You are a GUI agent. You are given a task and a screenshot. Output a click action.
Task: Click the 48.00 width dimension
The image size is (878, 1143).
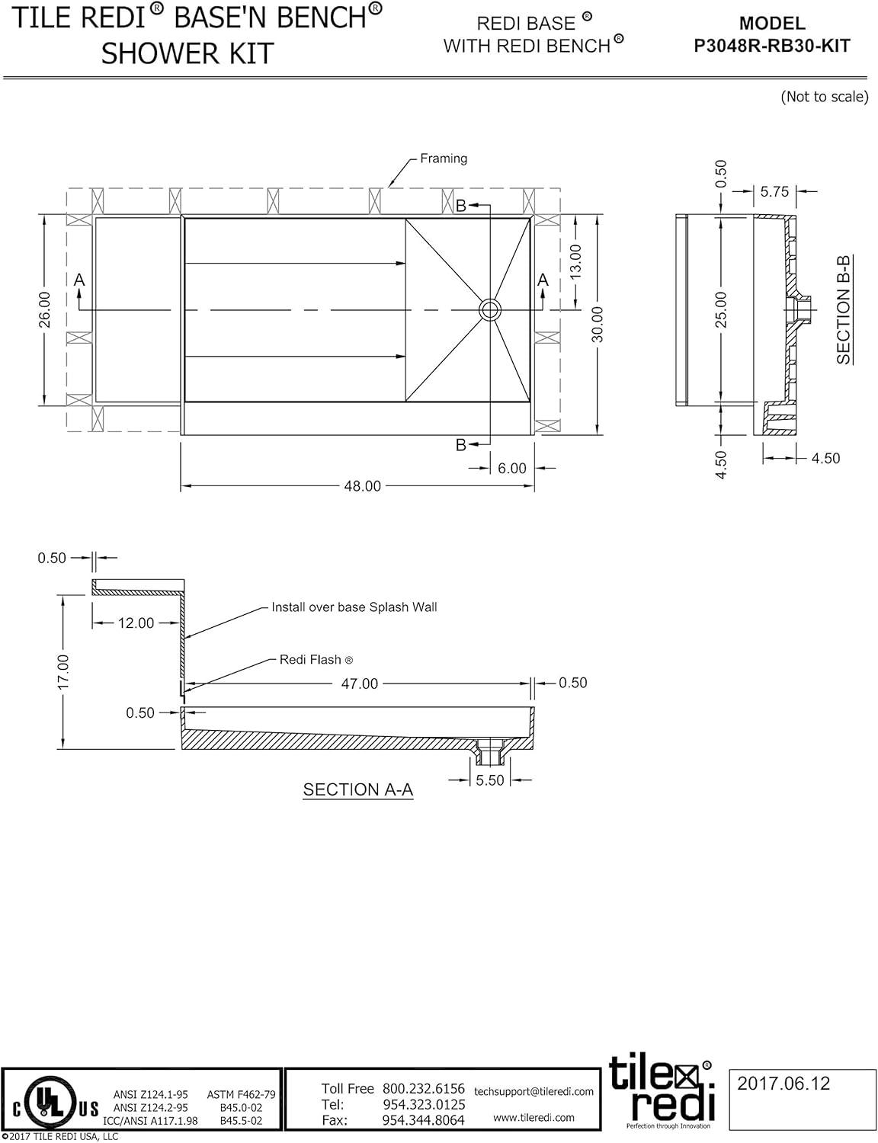(x=362, y=486)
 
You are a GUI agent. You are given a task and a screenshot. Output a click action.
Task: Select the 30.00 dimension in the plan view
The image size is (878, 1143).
(x=598, y=325)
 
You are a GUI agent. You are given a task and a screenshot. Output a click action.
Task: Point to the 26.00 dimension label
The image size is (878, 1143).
(x=44, y=309)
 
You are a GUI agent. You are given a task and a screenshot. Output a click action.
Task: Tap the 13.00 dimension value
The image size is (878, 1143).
(x=575, y=262)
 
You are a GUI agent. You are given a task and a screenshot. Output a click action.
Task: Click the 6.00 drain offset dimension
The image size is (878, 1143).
(x=511, y=468)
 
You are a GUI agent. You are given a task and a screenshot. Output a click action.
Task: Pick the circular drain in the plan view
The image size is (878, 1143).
(x=490, y=309)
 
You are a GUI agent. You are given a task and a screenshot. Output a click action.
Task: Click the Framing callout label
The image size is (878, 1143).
(x=444, y=158)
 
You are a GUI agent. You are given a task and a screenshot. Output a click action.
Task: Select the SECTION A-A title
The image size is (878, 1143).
(x=357, y=789)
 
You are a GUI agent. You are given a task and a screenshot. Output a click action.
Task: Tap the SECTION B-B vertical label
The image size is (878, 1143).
(x=843, y=309)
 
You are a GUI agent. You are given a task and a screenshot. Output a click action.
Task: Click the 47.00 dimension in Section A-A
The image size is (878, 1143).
(x=359, y=684)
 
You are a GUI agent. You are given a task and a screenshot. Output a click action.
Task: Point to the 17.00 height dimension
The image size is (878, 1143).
(x=62, y=671)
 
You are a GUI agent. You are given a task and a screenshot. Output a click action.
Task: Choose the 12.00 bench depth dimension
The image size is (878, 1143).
(x=136, y=623)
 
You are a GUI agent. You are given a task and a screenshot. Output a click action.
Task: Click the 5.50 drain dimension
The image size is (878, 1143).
(x=489, y=780)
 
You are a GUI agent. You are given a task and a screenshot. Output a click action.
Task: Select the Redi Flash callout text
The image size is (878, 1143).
(x=316, y=659)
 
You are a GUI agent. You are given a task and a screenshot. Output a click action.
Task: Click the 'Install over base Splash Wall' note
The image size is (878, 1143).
(x=354, y=607)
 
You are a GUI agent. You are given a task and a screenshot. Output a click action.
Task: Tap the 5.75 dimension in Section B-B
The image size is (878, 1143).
(x=774, y=191)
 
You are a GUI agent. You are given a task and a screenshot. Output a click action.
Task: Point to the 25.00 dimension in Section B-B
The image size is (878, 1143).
(x=721, y=309)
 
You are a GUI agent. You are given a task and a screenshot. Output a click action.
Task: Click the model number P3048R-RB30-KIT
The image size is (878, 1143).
(x=771, y=46)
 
